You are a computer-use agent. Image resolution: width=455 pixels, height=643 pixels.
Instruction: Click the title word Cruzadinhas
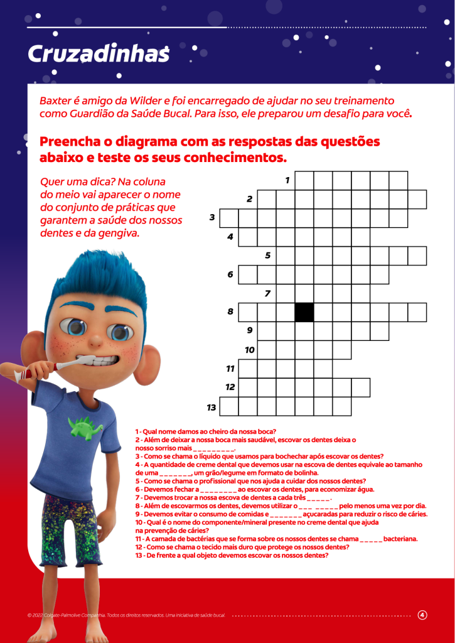(x=99, y=55)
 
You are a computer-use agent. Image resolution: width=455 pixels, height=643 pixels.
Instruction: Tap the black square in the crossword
(x=304, y=312)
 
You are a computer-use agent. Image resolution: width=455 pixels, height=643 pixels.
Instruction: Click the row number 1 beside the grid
(x=287, y=180)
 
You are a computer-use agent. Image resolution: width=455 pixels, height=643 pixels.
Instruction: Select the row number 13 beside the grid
(x=211, y=408)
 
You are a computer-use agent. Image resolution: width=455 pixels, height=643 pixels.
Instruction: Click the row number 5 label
(x=268, y=256)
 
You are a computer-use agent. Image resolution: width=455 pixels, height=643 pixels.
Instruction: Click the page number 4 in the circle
(x=422, y=615)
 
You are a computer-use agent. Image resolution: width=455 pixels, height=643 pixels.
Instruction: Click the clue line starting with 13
(x=232, y=555)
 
